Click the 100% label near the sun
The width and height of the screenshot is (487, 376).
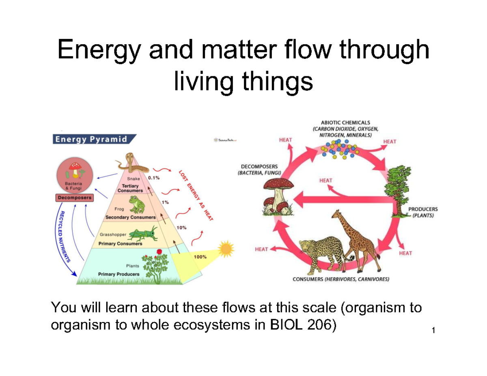[x=199, y=257]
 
